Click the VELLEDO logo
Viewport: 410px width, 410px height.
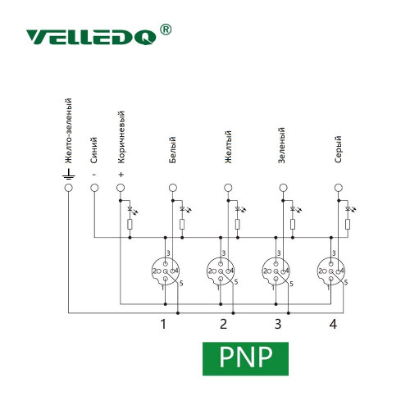(x=91, y=37)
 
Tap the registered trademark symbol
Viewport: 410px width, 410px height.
(x=166, y=30)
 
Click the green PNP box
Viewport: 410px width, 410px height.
(x=245, y=358)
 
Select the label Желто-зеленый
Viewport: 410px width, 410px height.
(x=68, y=131)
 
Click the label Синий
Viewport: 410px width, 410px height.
(x=94, y=150)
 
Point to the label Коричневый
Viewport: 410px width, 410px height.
(x=121, y=137)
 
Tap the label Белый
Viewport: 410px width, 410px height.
(x=172, y=150)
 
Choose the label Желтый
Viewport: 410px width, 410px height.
(x=228, y=147)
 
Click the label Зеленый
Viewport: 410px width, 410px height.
(x=281, y=145)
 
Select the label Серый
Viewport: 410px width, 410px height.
(x=338, y=149)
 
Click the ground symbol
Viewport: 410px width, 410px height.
(x=68, y=174)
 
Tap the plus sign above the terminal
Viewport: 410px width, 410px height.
(x=121, y=175)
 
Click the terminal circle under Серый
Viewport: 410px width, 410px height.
(x=339, y=188)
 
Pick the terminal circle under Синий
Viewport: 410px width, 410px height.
(x=94, y=188)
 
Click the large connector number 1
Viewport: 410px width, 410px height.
(x=163, y=324)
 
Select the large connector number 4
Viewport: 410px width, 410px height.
(x=333, y=324)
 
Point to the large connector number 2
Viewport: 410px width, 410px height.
(x=223, y=324)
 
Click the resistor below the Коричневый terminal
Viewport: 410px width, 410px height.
(x=130, y=224)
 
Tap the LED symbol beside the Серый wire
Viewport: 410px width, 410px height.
(x=350, y=209)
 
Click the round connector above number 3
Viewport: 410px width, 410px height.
(x=276, y=271)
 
